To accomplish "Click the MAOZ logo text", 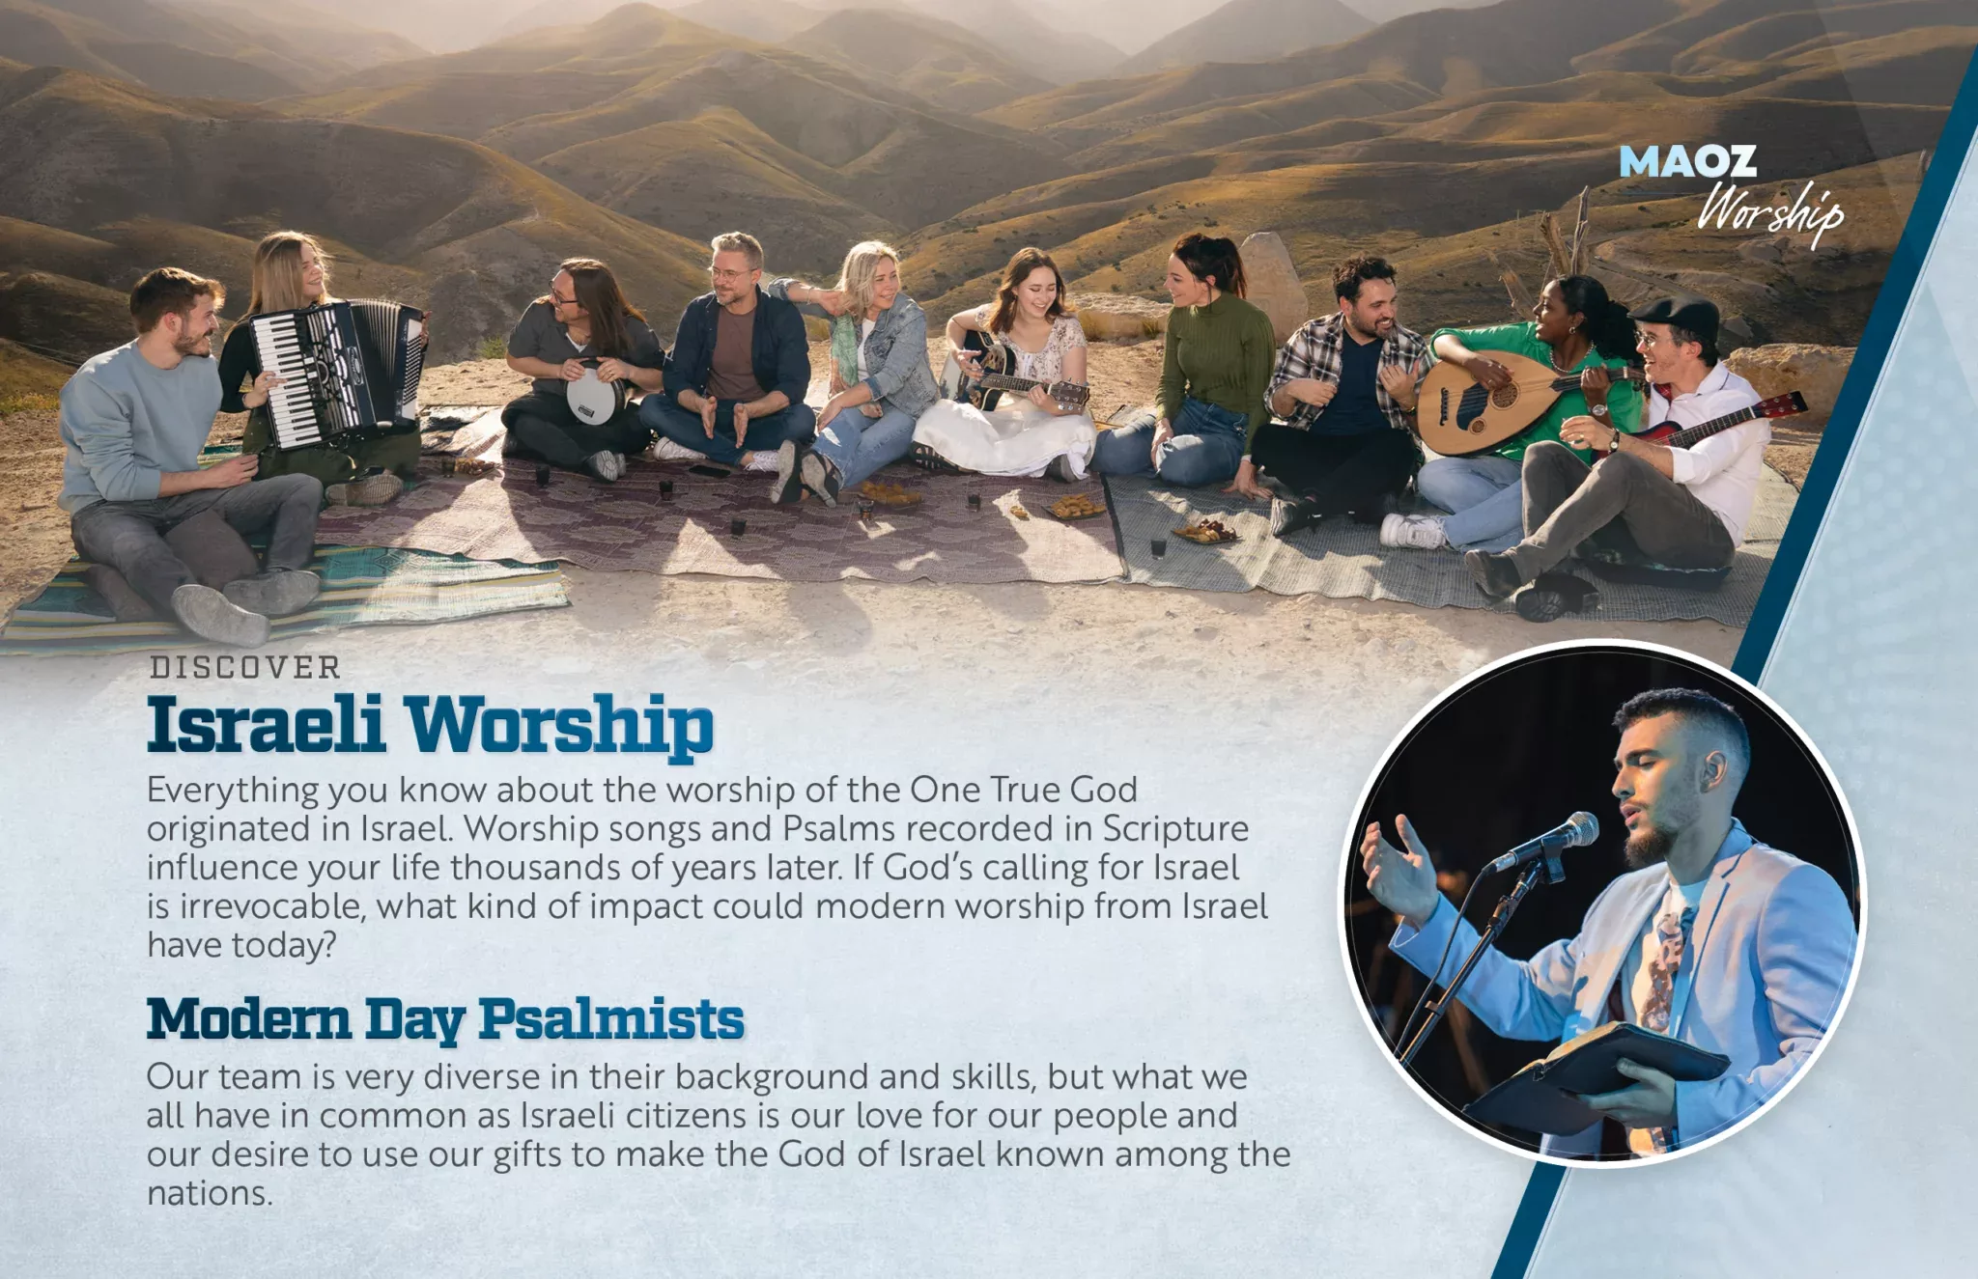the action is point(1687,161).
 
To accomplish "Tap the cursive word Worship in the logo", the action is point(1771,211).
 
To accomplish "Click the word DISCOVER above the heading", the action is point(245,667).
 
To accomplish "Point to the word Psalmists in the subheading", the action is point(611,1019).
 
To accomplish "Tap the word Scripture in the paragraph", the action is point(1175,830).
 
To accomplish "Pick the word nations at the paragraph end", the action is point(209,1193).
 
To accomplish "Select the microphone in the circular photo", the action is point(1545,841).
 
